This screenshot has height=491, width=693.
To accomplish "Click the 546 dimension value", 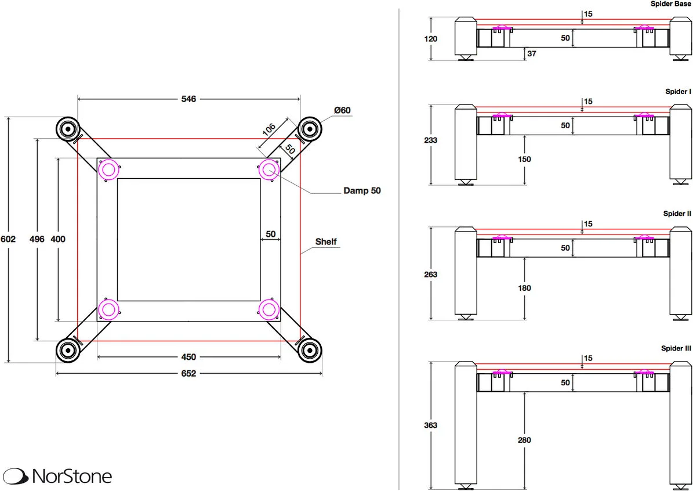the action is (188, 99).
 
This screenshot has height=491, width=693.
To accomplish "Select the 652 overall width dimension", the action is (188, 374).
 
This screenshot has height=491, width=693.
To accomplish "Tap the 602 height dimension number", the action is (8, 239).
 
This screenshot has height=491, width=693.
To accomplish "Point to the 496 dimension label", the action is (37, 239).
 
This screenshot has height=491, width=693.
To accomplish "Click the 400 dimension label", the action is (58, 239).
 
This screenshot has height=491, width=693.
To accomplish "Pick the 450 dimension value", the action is (188, 356).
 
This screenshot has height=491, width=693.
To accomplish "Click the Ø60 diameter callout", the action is (343, 110).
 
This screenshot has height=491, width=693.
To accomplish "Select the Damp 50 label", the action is (362, 191).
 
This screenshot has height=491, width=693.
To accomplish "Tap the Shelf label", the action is (326, 242).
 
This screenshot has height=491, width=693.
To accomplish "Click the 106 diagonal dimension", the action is (269, 129).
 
